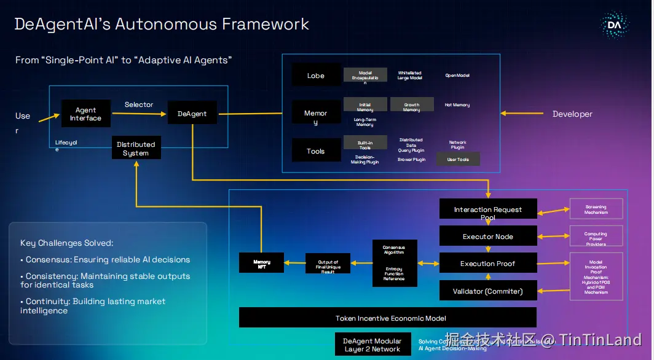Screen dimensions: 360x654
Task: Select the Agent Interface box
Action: pos(85,114)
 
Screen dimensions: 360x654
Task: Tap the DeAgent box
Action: pos(192,114)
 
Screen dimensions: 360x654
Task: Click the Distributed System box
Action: pos(136,148)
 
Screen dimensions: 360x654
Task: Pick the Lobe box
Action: pos(316,76)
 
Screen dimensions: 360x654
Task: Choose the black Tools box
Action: pos(316,151)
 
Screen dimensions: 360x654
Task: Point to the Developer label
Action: pos(572,114)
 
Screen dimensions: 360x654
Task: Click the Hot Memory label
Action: pos(457,105)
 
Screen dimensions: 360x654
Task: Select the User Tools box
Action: pos(458,159)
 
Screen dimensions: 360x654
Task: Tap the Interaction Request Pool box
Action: pos(488,209)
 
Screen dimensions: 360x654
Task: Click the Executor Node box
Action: pos(488,237)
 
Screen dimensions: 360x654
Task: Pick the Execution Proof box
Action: pos(488,264)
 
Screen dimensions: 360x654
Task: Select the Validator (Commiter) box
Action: pos(488,291)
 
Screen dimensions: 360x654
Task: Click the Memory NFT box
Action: pos(262,262)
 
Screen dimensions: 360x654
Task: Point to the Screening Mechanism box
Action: pos(596,209)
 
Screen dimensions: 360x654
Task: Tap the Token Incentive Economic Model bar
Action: pos(387,318)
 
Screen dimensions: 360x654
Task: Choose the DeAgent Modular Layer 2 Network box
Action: pos(372,345)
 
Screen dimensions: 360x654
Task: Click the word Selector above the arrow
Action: pos(139,104)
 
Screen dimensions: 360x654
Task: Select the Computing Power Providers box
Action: pos(596,237)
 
